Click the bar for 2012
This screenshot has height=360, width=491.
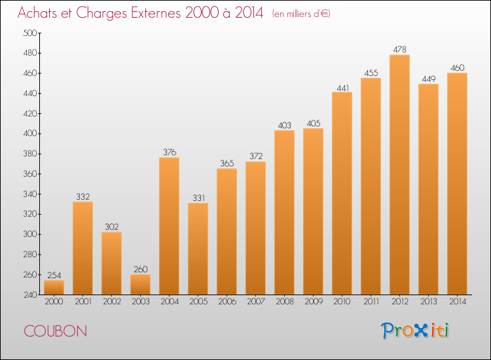coord(399,175)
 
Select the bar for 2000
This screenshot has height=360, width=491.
coord(54,287)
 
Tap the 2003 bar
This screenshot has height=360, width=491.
coord(140,285)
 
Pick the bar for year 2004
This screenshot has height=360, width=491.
coord(169,226)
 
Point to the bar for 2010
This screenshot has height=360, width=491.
coord(342,193)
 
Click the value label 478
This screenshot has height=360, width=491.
coord(399,50)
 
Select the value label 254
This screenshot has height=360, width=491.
coord(54,275)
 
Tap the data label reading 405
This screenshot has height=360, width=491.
coord(313,123)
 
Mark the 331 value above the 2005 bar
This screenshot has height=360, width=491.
coord(198,198)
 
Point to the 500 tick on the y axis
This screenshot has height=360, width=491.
coord(30,33)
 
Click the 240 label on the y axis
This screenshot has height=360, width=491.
coord(30,295)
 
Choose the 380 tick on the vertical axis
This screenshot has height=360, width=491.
coord(30,154)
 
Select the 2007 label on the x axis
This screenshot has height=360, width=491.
coord(256,302)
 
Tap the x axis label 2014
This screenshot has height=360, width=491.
coord(458,302)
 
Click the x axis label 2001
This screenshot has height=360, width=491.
coord(83,302)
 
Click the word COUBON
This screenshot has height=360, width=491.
coord(56,331)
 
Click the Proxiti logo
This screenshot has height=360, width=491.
coord(415,331)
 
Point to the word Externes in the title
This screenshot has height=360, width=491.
coord(155,13)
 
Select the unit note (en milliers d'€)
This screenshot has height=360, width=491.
coord(301,14)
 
